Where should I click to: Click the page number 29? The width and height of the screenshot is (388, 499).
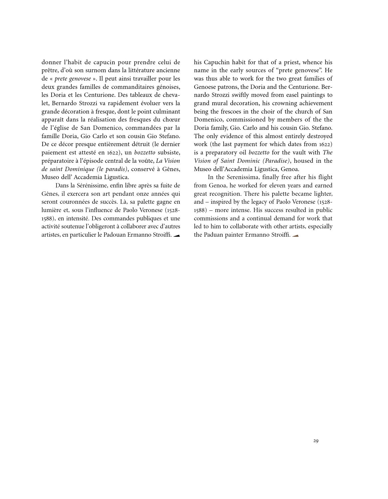[316, 441]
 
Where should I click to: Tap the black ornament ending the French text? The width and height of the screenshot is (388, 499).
[177, 235]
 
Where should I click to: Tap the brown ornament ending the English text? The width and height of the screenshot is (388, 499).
[295, 235]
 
